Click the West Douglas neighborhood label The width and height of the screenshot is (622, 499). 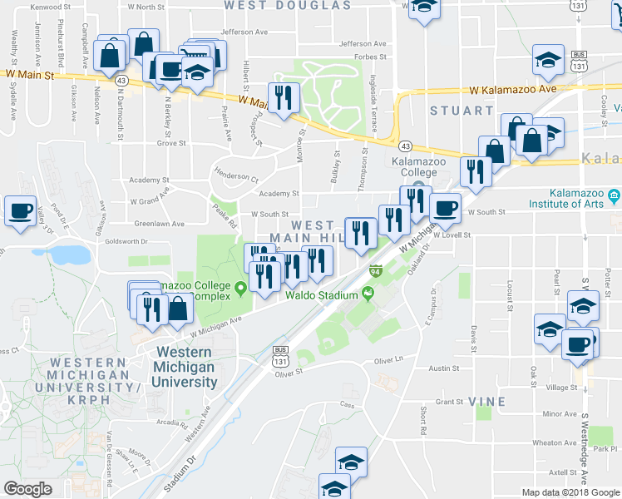(x=288, y=5)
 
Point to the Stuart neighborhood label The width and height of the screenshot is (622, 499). (x=461, y=110)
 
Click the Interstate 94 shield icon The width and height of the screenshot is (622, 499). (x=376, y=271)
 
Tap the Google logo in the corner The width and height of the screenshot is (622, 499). (x=28, y=489)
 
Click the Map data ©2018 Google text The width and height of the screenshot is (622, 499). (x=570, y=492)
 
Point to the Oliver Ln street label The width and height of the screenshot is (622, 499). (x=393, y=360)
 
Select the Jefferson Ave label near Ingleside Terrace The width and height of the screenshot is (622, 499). (x=363, y=43)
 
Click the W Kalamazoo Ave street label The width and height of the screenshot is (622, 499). (x=511, y=89)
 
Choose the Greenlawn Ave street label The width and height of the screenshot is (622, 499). (x=157, y=224)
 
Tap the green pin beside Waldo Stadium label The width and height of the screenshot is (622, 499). (x=366, y=294)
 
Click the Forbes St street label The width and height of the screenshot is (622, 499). (x=371, y=57)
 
